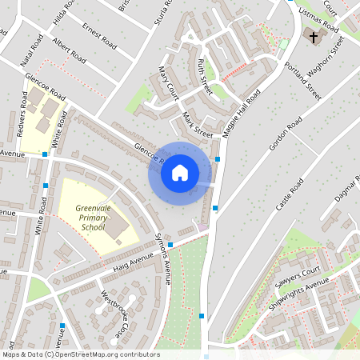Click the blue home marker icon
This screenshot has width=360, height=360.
tap(180, 172)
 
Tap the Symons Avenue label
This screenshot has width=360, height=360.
tap(162, 262)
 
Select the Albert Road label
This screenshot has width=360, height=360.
tap(68, 49)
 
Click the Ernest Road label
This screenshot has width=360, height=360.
tap(98, 34)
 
